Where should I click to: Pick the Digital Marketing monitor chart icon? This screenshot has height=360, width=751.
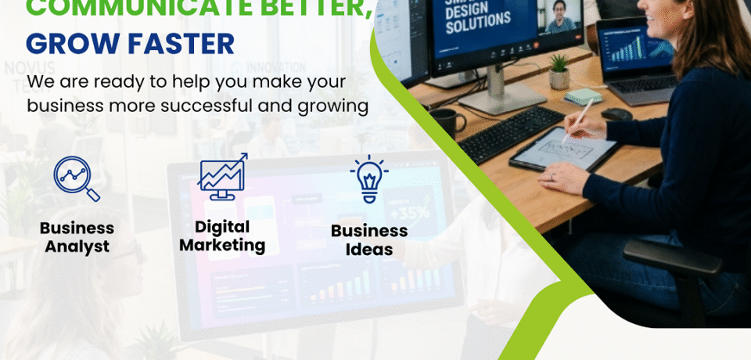pyautogui.click(x=222, y=176)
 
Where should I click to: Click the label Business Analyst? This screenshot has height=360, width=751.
pyautogui.click(x=77, y=237)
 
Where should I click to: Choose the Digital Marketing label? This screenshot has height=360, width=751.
pyautogui.click(x=222, y=236)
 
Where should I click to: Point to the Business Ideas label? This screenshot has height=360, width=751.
pyautogui.click(x=369, y=240)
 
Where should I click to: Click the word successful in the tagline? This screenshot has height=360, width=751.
pyautogui.click(x=207, y=106)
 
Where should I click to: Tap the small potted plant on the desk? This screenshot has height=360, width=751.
pyautogui.click(x=559, y=72)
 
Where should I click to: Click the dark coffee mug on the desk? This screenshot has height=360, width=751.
pyautogui.click(x=447, y=122)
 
